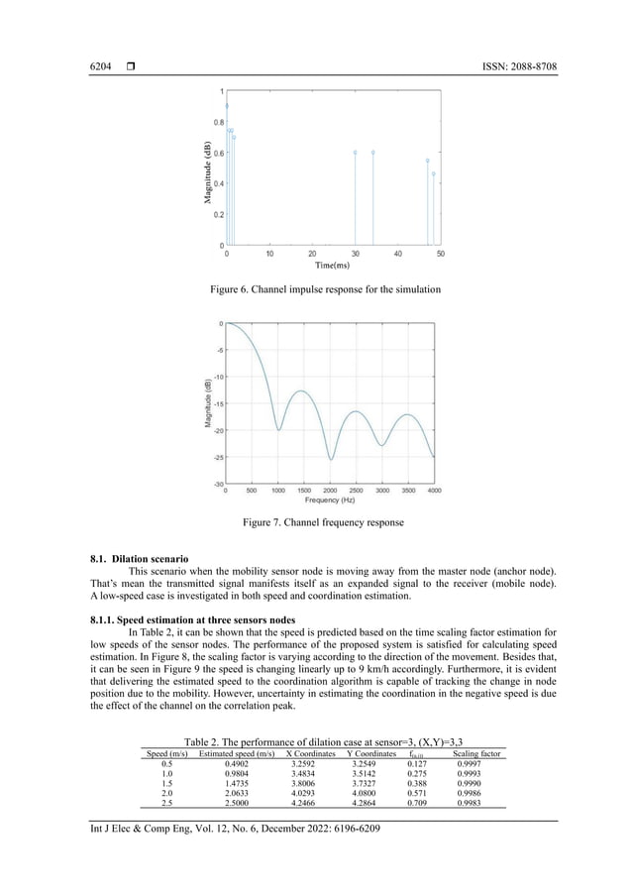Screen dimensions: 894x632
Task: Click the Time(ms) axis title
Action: [x=332, y=266]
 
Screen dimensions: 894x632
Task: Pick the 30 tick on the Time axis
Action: [x=355, y=254]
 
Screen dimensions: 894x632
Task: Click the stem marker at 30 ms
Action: [x=355, y=152]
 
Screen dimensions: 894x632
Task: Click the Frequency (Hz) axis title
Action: [x=330, y=501]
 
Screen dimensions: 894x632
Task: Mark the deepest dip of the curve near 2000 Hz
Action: [x=331, y=460]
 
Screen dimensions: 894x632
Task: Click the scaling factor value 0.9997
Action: [x=469, y=764]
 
